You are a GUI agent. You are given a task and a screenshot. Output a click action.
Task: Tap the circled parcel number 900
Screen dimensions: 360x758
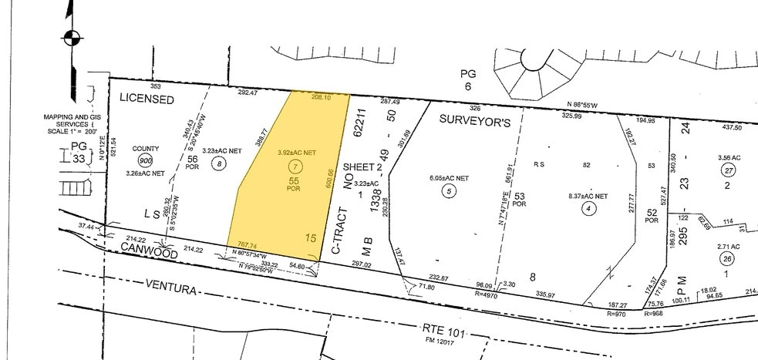click(145, 160)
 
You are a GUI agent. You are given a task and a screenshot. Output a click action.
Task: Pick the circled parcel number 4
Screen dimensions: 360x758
click(590, 207)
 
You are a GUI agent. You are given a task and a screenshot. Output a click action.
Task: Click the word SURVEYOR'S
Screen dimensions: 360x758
click(474, 119)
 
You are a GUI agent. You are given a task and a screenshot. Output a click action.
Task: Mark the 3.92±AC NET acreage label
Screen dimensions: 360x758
click(297, 153)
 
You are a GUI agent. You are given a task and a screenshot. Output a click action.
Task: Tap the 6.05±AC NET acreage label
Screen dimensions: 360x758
click(449, 178)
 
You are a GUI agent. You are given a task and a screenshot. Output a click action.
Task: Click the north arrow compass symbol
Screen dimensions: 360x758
click(71, 36)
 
